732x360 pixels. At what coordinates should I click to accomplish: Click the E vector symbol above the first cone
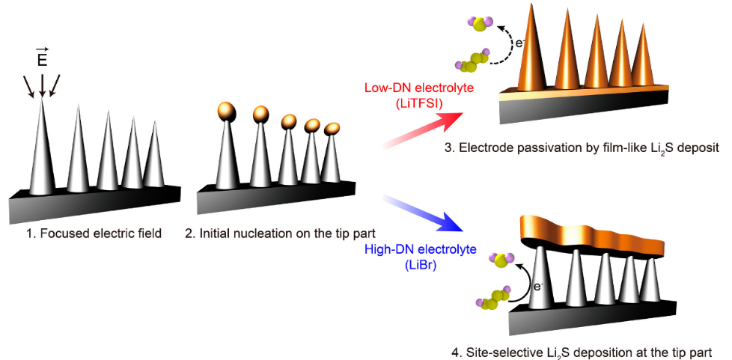42,58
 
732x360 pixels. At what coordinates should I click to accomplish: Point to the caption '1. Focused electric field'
95,233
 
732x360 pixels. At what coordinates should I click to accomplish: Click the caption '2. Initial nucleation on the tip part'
279,233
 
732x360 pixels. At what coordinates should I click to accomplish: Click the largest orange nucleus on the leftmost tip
227,112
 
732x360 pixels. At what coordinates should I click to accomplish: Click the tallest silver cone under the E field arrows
42,150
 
